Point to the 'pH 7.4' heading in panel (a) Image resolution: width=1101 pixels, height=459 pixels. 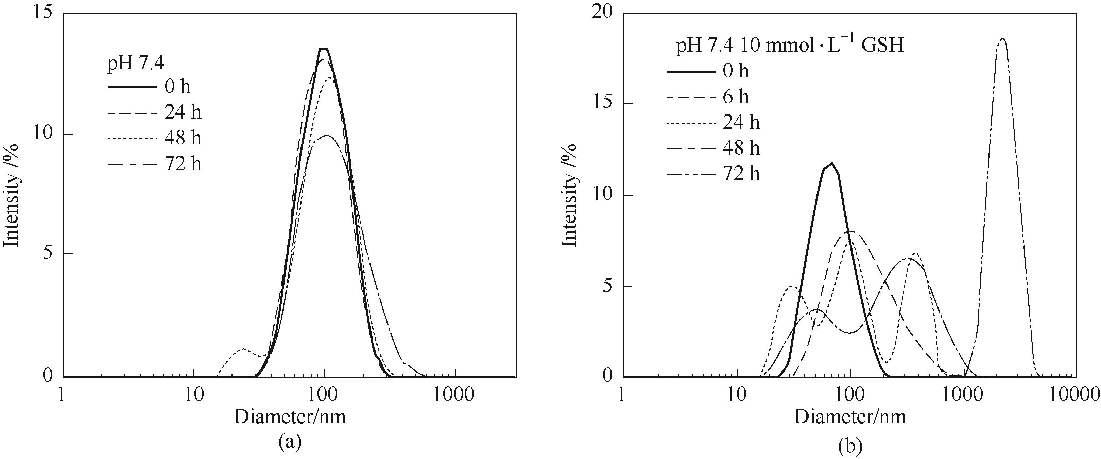coord(136,63)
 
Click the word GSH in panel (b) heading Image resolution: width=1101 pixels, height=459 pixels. coord(882,45)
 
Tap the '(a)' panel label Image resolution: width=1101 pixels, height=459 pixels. coord(290,442)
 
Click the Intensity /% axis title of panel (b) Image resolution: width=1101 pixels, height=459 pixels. coord(569,195)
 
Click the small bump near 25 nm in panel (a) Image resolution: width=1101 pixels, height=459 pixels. coord(244,349)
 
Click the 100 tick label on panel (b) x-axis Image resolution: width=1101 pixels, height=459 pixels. coord(850,395)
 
